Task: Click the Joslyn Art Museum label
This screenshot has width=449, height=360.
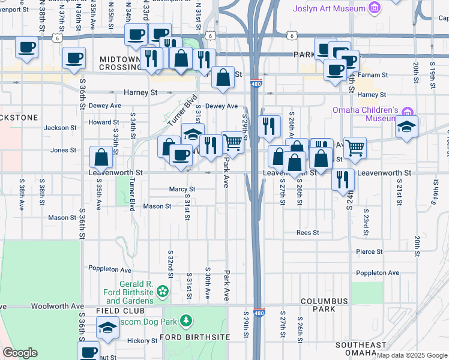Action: tap(328, 8)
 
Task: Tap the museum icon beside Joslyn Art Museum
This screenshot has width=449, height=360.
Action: tap(375, 8)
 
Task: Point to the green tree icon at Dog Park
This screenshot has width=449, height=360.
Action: tap(187, 321)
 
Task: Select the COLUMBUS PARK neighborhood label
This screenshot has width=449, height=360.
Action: tap(325, 305)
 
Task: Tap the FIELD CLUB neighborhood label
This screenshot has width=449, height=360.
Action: tap(120, 311)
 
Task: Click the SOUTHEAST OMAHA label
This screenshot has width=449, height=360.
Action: tap(361, 349)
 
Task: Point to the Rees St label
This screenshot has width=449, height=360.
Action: tap(307, 232)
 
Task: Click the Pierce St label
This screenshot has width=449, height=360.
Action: tap(369, 252)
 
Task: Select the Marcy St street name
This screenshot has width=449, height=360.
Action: tap(182, 189)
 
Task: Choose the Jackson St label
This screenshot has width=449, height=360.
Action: tap(61, 128)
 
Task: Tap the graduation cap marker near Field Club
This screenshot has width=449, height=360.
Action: tap(108, 328)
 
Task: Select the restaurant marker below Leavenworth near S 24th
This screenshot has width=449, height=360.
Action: tap(343, 178)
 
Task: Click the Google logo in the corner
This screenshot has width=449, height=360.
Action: tap(20, 352)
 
